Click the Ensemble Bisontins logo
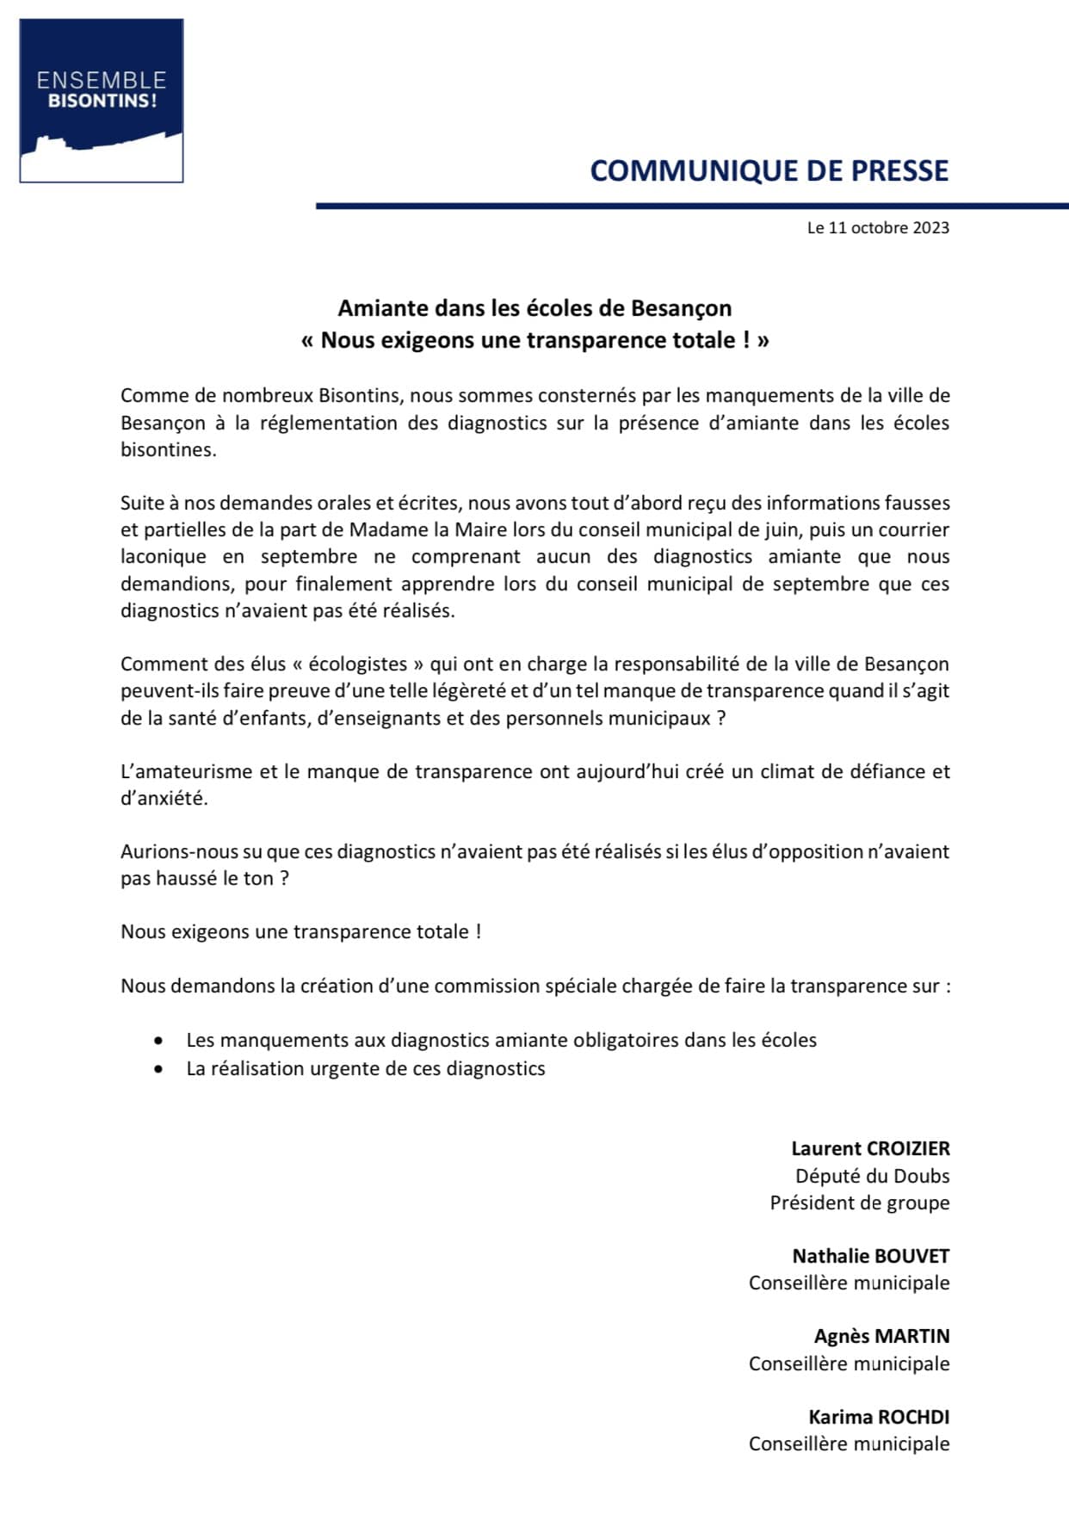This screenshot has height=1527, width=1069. coord(102,101)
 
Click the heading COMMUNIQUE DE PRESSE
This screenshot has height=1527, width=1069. coord(769,171)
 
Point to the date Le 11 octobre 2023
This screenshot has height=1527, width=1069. coord(878,228)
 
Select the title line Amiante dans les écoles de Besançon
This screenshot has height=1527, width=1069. coord(534,308)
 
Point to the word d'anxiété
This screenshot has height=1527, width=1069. coord(164,799)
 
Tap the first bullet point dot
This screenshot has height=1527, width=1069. coord(158,1041)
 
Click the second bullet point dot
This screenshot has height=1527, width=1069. coord(158,1069)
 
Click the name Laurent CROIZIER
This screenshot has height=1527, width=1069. coord(870,1149)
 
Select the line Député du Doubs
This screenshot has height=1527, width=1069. coord(872,1176)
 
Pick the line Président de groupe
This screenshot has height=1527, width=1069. coord(859,1203)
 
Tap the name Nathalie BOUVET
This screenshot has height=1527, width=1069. coord(870,1257)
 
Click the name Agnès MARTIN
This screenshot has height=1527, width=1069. coord(881,1337)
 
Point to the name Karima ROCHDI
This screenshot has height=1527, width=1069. coord(878,1417)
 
